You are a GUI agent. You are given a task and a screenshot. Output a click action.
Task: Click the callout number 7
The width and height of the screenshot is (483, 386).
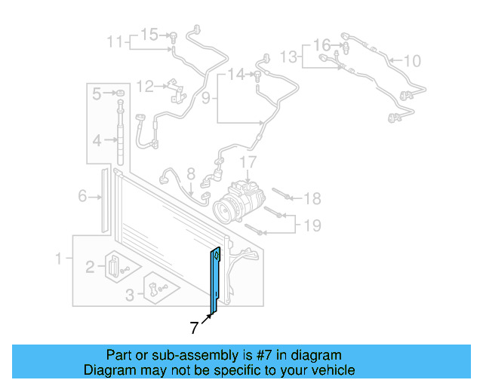[195, 328]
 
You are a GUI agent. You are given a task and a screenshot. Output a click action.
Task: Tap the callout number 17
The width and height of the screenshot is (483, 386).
[249, 162]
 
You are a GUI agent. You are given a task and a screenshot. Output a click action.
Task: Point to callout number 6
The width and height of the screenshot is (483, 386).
[82, 198]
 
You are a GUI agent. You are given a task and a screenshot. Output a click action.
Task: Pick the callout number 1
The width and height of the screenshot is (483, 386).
[58, 259]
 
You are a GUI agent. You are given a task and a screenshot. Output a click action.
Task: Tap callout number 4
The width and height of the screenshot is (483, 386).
[97, 140]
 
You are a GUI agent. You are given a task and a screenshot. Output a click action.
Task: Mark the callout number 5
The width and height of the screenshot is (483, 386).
[97, 94]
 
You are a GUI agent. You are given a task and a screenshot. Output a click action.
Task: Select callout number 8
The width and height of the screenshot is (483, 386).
[191, 174]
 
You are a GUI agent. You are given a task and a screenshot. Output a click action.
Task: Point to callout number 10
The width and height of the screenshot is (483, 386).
[412, 60]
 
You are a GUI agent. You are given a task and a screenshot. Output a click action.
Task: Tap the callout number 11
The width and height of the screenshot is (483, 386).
[113, 41]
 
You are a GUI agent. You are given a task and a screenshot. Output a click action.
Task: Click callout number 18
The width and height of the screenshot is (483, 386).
[312, 198]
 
